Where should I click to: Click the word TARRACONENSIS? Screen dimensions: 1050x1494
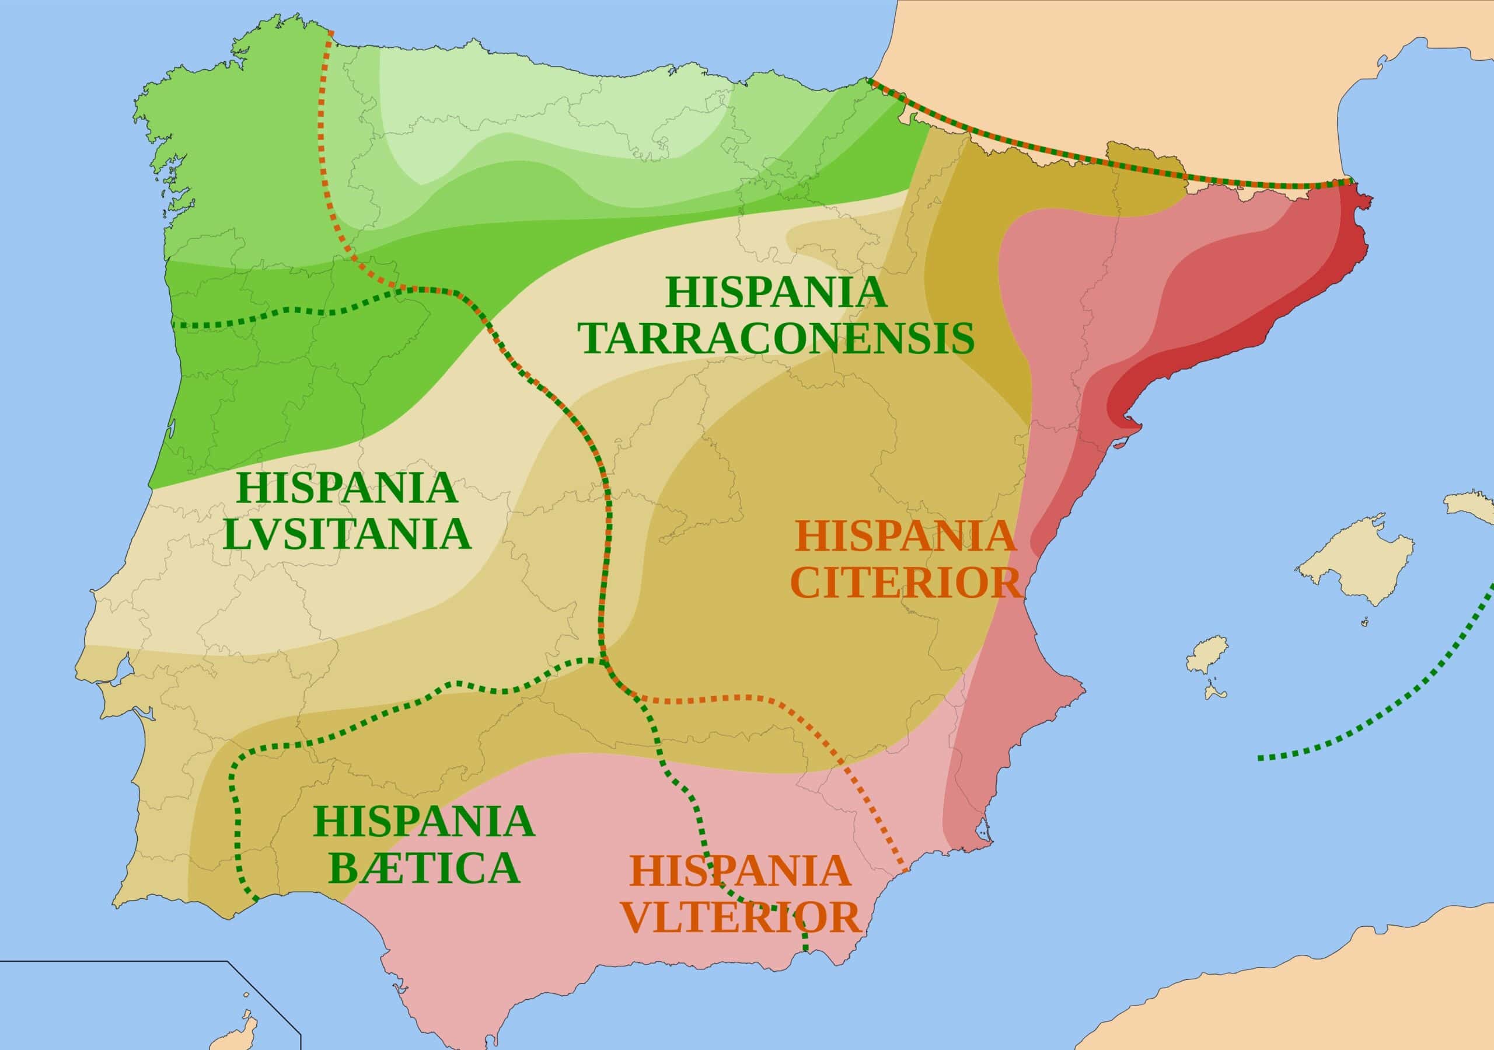777,339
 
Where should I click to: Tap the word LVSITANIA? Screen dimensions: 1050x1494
347,535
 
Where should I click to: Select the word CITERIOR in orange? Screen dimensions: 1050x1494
906,583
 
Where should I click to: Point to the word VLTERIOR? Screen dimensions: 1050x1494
741,918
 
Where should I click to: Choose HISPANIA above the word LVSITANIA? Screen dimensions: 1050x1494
347,488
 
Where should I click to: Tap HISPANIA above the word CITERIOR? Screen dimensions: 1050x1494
905,537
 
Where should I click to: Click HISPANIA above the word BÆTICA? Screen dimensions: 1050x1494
424,822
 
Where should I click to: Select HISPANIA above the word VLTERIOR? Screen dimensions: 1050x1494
741,871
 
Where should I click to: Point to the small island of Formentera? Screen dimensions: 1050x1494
1214,691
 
